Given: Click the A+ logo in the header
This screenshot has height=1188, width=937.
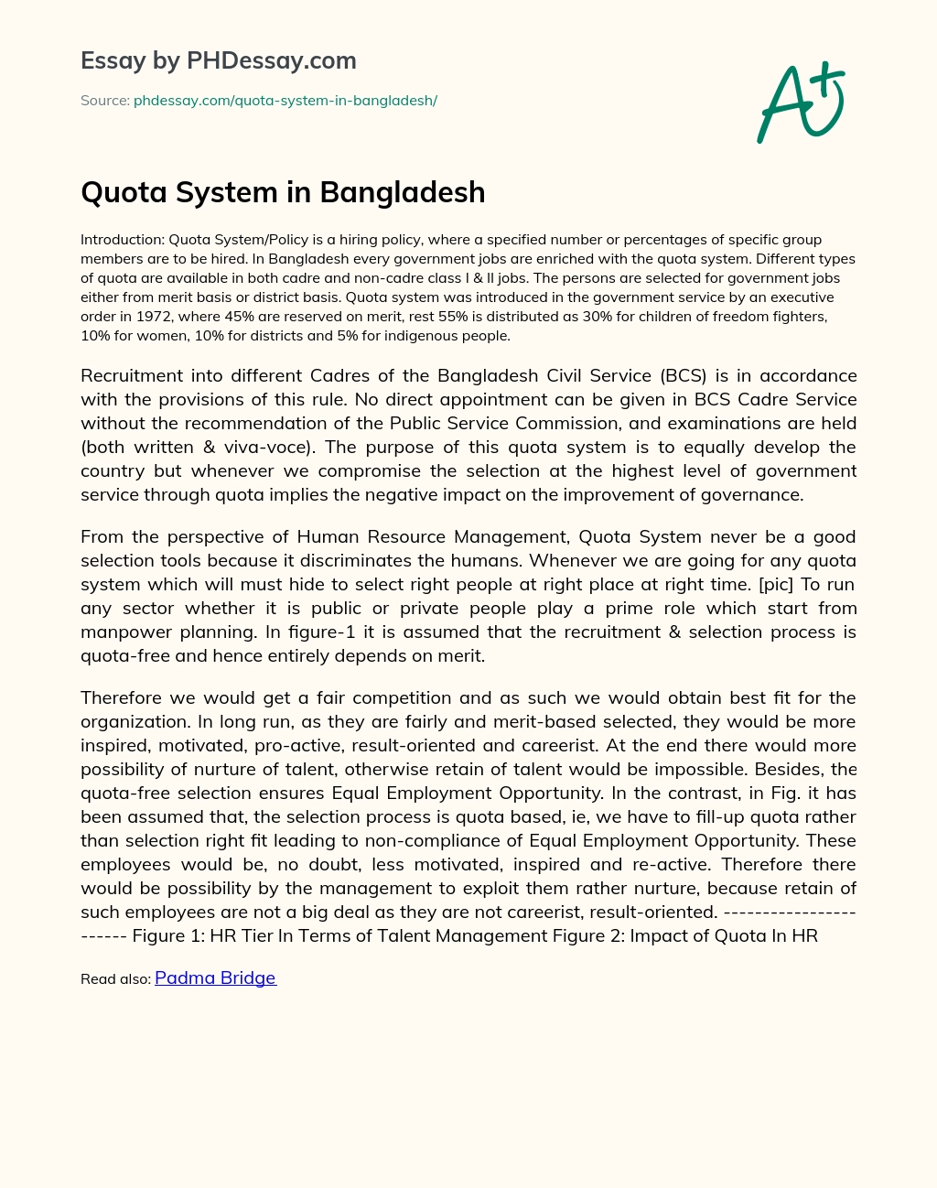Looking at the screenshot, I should click(x=801, y=103).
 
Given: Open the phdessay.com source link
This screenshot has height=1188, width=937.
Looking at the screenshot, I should click(x=285, y=101).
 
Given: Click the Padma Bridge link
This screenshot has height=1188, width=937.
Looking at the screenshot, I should click(x=215, y=977).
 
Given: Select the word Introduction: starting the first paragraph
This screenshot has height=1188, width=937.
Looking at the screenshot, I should click(x=123, y=240).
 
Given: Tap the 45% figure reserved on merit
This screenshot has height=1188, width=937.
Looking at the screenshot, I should click(x=241, y=317).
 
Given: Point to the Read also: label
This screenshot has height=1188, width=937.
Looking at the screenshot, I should click(x=115, y=979).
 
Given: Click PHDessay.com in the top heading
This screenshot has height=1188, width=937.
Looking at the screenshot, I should click(x=271, y=60).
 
